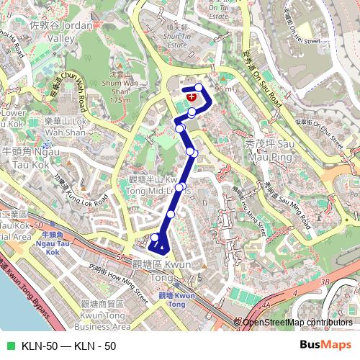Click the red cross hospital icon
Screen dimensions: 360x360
pos(191,95)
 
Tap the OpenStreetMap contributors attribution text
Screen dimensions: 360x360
pos(297,322)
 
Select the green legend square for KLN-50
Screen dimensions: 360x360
pos(11,346)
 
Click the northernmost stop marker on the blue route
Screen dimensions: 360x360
pos(199,87)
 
